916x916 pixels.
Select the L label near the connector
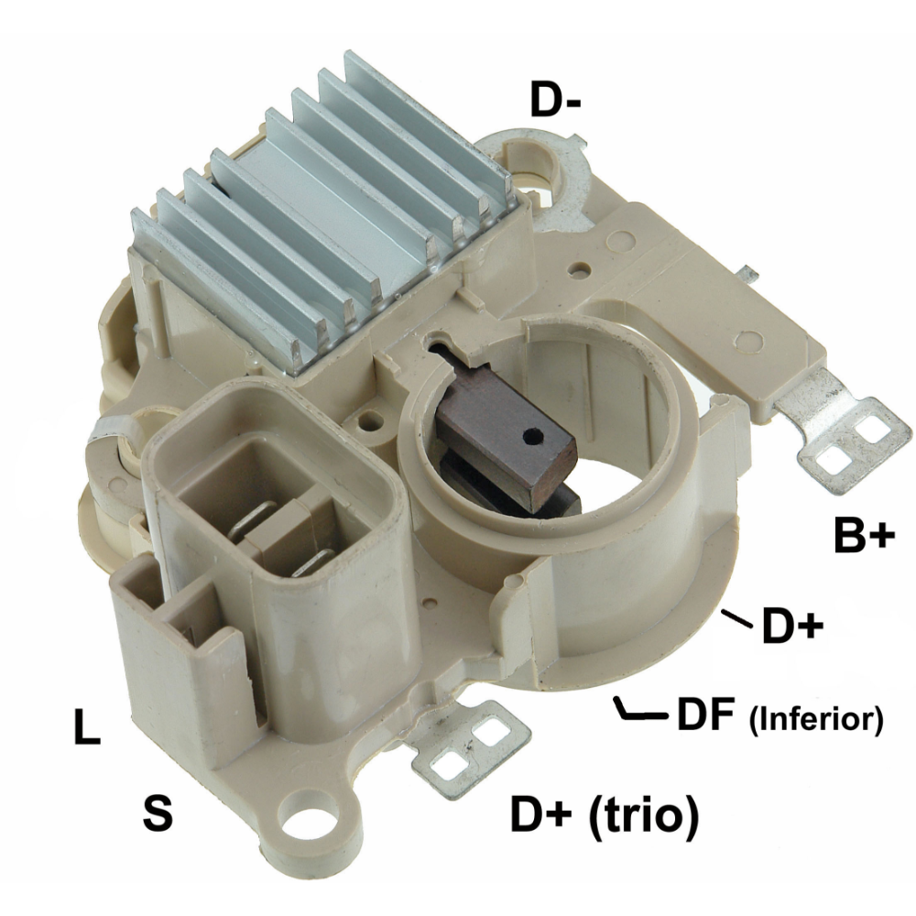point(86,726)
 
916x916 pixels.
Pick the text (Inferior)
point(815,718)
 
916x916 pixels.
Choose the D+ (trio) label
point(605,814)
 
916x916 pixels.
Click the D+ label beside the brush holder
point(792,626)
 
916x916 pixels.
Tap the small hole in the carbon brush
point(532,434)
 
